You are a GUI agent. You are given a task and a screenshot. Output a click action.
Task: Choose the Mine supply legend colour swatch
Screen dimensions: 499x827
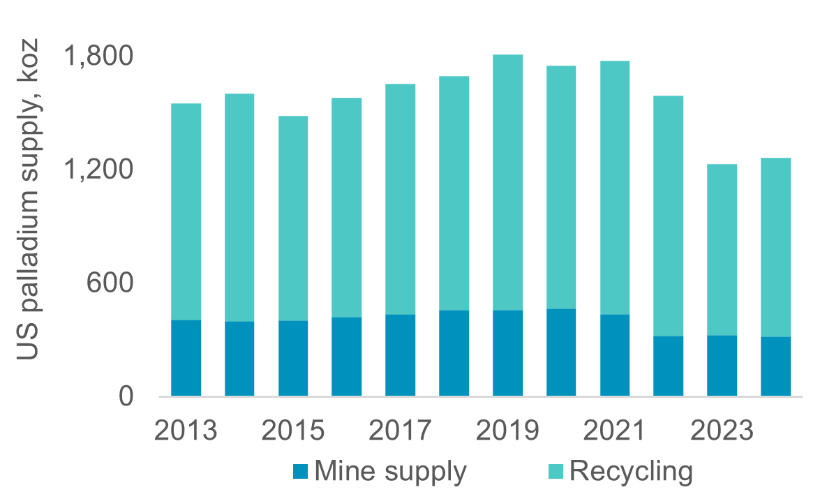coord(301,472)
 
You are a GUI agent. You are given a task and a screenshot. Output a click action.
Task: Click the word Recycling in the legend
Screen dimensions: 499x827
coord(632,472)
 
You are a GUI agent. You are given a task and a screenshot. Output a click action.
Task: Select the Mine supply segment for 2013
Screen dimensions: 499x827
coord(186,358)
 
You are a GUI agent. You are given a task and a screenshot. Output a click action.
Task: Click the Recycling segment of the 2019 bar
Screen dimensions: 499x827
coord(507,182)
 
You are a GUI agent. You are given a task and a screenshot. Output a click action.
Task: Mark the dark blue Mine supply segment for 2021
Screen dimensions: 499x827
coord(615,355)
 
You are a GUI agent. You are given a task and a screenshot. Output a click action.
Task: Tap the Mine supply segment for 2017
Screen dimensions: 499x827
coord(401,355)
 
